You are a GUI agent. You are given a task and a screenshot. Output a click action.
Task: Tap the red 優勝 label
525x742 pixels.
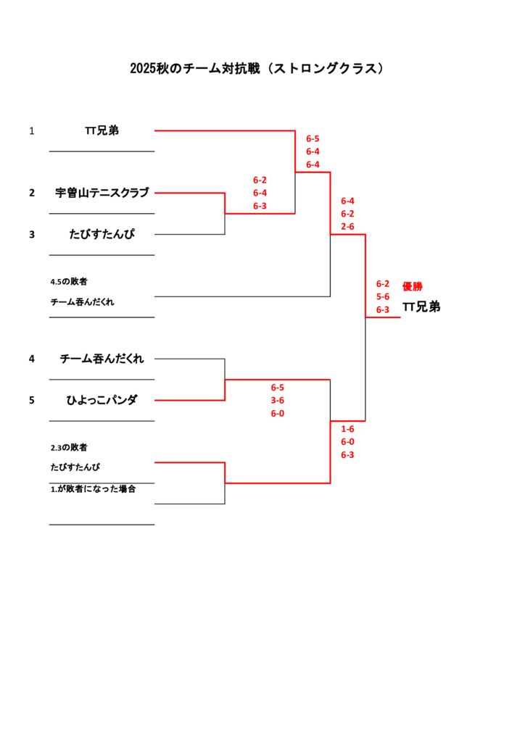point(412,286)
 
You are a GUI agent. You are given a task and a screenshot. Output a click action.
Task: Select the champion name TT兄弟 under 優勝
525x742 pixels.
point(421,307)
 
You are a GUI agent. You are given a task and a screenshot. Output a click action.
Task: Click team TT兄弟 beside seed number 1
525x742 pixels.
point(102,130)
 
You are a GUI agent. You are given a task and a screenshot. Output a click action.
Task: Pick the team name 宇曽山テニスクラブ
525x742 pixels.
point(102,193)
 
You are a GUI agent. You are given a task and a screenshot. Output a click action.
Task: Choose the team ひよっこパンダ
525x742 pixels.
point(102,399)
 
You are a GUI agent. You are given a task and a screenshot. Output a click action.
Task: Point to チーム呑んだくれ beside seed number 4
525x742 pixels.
point(102,358)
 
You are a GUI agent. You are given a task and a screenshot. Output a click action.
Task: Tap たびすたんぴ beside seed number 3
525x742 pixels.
point(102,234)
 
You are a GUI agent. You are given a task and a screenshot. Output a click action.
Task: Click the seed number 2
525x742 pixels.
point(32,193)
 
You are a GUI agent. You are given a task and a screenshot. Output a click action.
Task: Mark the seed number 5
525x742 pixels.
point(32,399)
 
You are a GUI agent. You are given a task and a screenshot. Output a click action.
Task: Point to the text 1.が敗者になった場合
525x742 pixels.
point(93,489)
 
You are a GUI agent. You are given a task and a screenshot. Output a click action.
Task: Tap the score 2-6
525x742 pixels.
point(347,227)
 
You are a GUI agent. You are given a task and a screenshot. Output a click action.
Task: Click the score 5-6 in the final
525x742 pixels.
point(382,296)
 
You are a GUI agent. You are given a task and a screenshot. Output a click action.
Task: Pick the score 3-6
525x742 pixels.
point(277,400)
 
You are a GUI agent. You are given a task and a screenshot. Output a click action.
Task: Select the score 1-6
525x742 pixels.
point(347,428)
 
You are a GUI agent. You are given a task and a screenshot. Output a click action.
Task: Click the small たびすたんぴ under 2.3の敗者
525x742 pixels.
point(75,467)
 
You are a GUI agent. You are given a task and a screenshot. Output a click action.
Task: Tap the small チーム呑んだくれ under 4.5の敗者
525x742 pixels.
point(82,301)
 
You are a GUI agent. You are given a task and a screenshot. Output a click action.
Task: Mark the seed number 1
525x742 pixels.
point(32,131)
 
